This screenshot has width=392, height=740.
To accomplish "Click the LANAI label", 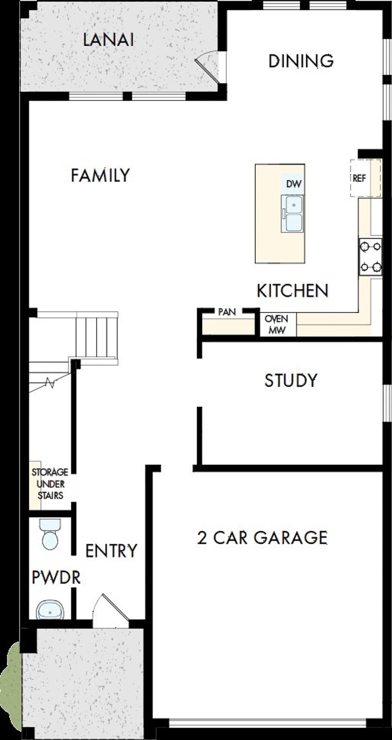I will (x=109, y=40).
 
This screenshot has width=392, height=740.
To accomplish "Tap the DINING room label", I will (x=301, y=61).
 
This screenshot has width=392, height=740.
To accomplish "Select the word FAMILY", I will (x=100, y=176).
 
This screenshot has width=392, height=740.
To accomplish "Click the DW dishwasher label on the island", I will (x=293, y=184).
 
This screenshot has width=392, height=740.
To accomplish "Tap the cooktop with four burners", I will (x=371, y=257).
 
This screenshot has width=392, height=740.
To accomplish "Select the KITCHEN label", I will (x=292, y=291).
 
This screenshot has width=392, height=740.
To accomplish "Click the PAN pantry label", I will (x=227, y=312).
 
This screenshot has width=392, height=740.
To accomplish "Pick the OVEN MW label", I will (x=277, y=324).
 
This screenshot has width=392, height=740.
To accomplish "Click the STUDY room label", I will (x=291, y=380).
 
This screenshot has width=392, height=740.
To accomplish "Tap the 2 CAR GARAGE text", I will (x=262, y=538).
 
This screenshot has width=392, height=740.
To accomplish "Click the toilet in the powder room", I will (x=50, y=534).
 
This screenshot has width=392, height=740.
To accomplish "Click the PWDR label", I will (x=56, y=577).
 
